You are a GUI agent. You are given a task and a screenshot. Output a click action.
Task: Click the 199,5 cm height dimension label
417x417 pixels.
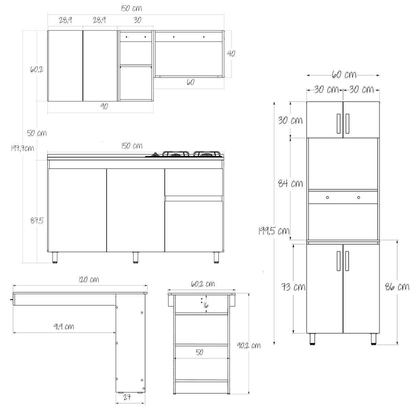274,230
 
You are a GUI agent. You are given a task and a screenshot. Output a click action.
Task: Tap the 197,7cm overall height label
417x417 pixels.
22,148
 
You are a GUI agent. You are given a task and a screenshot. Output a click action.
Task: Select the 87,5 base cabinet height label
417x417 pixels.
37,220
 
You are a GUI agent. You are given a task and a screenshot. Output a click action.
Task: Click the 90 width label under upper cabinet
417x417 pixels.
104,106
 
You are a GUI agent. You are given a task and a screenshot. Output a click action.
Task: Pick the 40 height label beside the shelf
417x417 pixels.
231,54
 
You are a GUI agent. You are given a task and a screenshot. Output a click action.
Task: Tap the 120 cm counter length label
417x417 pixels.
89,280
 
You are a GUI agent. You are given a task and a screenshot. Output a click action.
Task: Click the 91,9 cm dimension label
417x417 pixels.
64,326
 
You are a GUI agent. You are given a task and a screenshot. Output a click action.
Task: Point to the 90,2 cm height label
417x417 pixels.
249,345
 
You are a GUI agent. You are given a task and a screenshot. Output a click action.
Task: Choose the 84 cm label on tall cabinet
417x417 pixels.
291,183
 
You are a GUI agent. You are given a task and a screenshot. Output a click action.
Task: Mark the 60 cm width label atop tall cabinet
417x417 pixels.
343,75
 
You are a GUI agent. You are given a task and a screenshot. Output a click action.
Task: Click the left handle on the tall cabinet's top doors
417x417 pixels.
339,123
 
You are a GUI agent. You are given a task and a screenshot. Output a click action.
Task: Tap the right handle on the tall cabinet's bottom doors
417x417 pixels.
347,261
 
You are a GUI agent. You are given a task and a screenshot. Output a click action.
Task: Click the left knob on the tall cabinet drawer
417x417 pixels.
327,197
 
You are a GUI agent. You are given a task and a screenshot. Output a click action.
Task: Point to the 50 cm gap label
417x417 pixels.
37,133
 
